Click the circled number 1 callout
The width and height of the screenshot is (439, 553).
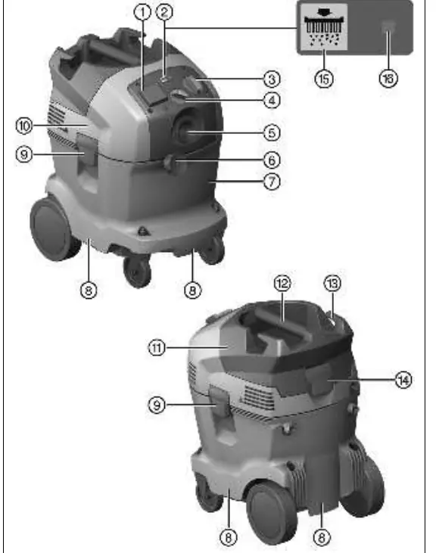[x=142, y=12]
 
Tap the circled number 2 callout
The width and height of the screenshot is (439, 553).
[x=164, y=12]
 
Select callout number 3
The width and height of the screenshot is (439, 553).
[x=272, y=79]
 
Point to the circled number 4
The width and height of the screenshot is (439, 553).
[x=272, y=101]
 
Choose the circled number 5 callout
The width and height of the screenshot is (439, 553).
[x=272, y=133]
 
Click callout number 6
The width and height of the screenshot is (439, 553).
[x=272, y=160]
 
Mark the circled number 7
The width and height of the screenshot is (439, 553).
[x=272, y=182]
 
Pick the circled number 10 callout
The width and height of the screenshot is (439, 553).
[x=24, y=126]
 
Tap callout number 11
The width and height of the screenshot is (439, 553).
[x=157, y=348]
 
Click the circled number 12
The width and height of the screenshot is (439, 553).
[x=282, y=283]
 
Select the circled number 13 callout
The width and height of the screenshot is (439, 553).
[x=332, y=283]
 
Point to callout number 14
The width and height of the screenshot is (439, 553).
[x=403, y=380]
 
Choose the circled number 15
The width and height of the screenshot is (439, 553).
[x=324, y=79]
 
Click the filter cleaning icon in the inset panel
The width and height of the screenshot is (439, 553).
[x=324, y=26]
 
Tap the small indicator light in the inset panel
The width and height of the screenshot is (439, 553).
[x=388, y=26]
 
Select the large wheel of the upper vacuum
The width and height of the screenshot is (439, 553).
[x=53, y=229]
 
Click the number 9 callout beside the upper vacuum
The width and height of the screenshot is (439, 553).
[x=24, y=155]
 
